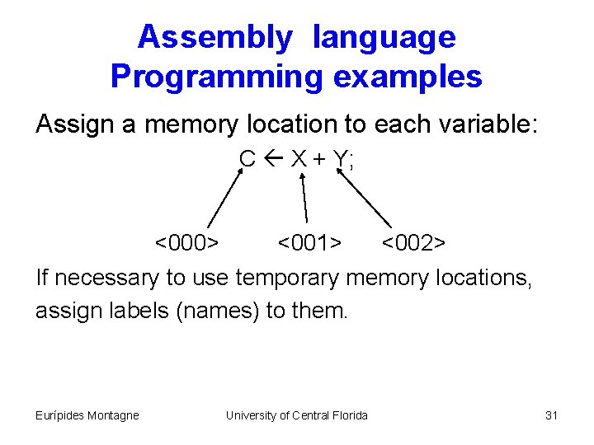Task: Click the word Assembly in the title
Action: tap(214, 37)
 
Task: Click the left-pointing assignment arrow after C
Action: tap(274, 158)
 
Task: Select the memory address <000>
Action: tap(187, 244)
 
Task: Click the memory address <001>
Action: tap(309, 244)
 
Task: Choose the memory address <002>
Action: tap(413, 244)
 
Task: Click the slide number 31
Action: tap(552, 415)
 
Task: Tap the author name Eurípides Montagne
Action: tap(87, 415)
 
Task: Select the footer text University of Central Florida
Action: tap(297, 415)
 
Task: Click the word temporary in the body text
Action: tap(288, 279)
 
